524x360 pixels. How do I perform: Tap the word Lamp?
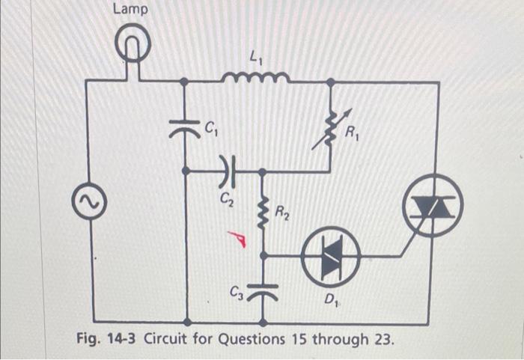[130, 10]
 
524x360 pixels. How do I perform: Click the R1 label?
[352, 135]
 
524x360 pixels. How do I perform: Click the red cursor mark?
[239, 238]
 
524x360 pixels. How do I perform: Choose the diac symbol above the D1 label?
[331, 254]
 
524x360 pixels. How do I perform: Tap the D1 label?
[331, 301]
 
